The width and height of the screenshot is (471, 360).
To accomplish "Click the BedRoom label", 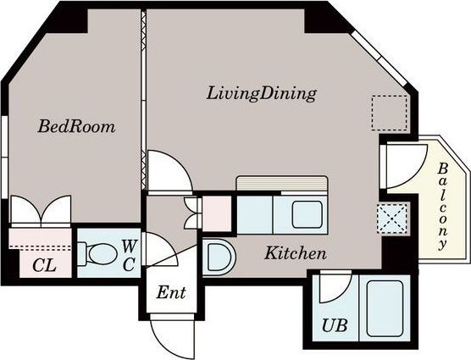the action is [76, 127].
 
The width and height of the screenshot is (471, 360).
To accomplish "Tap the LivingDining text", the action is [261, 94].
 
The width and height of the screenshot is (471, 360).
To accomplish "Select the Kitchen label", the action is [296, 253].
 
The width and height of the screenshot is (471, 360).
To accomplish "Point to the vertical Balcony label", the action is [442, 207].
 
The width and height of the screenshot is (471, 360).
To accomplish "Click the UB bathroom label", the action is [335, 325].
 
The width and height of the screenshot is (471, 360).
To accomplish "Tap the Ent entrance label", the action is [171, 292].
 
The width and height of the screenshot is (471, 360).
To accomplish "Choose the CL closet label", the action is [44, 265].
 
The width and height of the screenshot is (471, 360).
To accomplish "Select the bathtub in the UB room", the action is [385, 308].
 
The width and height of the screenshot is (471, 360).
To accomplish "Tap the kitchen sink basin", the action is [308, 214].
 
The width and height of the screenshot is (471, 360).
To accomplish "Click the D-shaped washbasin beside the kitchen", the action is [219, 257].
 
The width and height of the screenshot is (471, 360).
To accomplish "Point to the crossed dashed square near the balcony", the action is [392, 219].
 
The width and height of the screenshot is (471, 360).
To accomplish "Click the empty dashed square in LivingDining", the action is [390, 113].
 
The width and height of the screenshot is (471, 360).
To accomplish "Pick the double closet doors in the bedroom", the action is [41, 209].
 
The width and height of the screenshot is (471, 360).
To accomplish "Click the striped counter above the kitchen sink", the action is [282, 183].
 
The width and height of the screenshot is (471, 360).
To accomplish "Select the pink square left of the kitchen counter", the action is [217, 213].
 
